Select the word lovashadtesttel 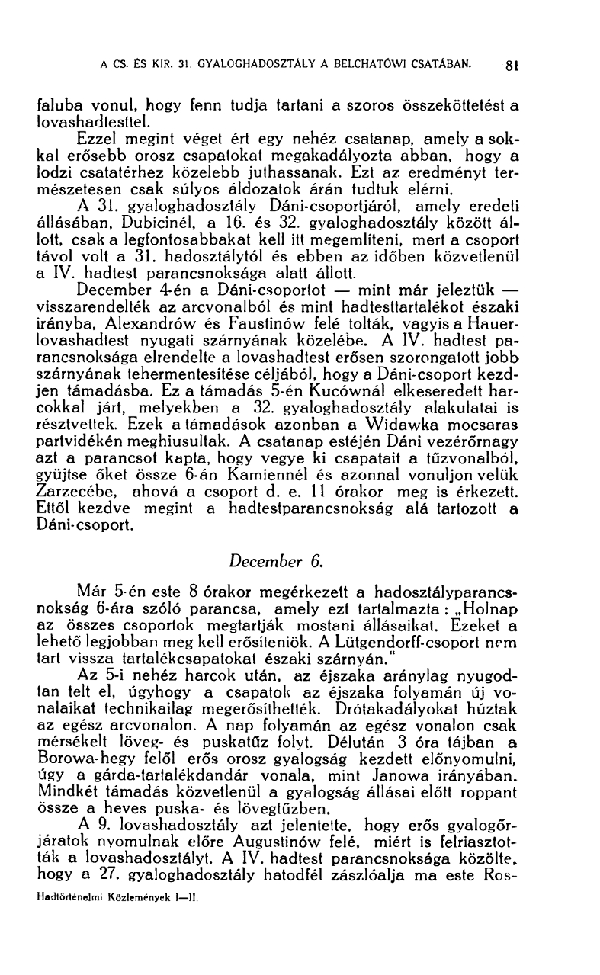[x=88, y=120]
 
